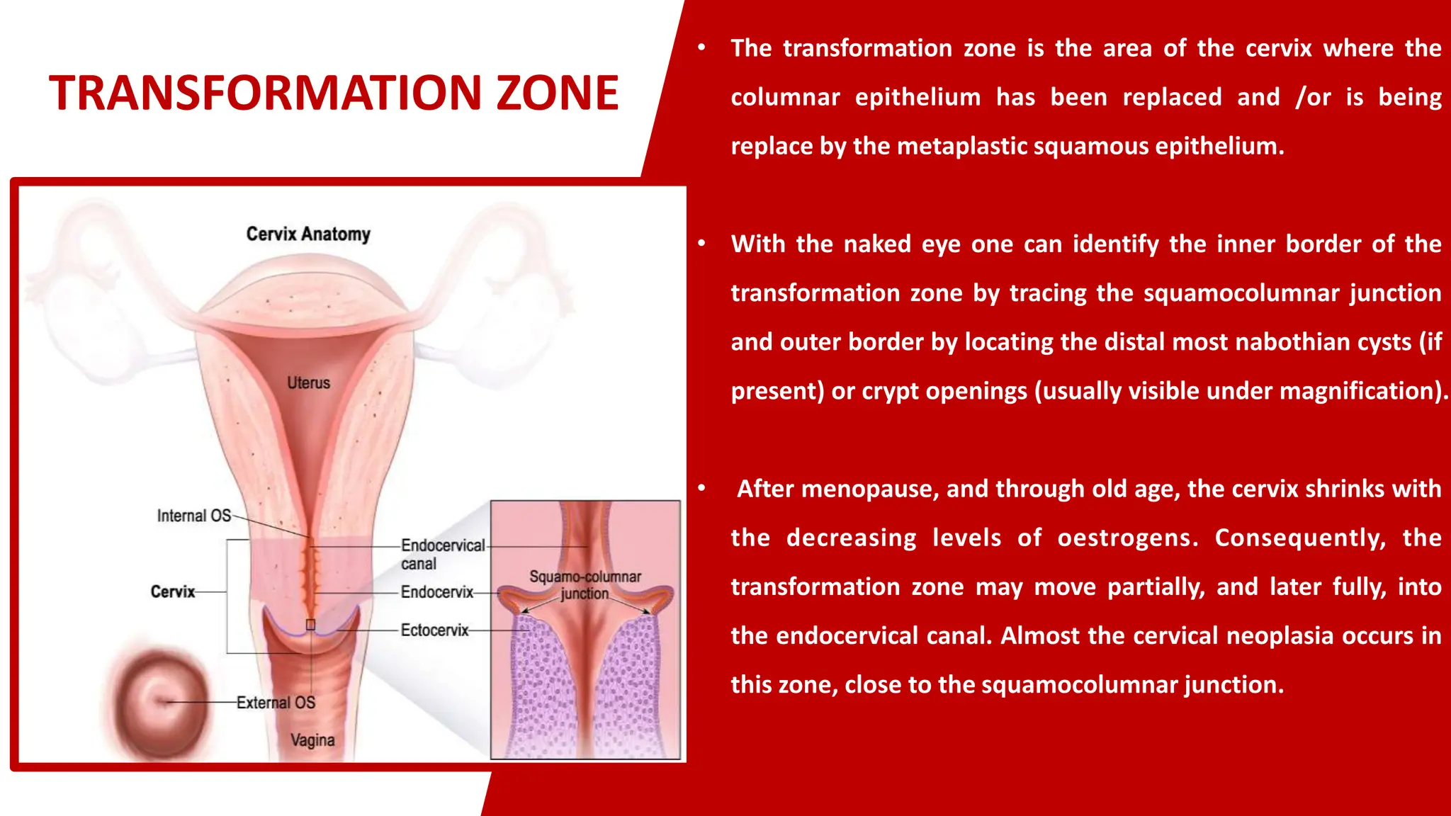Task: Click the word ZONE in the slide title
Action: (x=557, y=93)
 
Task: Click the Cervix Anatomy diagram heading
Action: (x=308, y=234)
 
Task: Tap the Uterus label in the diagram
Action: (x=308, y=382)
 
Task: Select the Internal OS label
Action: (x=193, y=516)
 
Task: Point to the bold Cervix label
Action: (x=172, y=591)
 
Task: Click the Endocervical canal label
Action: (x=442, y=554)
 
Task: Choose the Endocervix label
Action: (x=436, y=592)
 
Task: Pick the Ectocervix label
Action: (x=434, y=630)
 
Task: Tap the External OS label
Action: (x=276, y=703)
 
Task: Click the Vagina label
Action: (x=312, y=740)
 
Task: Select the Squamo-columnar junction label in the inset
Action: (x=585, y=585)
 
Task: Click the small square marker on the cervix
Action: (x=310, y=625)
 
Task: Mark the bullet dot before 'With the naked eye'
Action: (x=701, y=244)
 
